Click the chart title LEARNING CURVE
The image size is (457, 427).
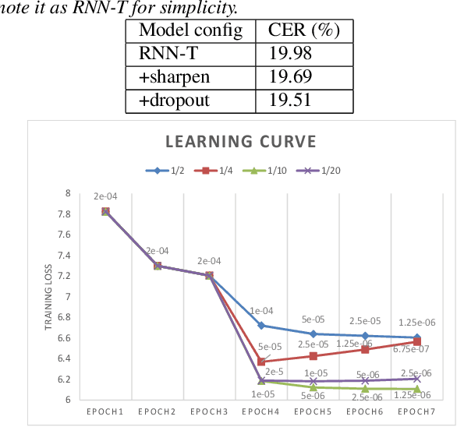(240, 142)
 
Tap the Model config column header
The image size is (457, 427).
(191, 31)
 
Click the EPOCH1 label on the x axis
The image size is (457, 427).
(105, 411)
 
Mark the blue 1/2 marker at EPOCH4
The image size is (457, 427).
(262, 325)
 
